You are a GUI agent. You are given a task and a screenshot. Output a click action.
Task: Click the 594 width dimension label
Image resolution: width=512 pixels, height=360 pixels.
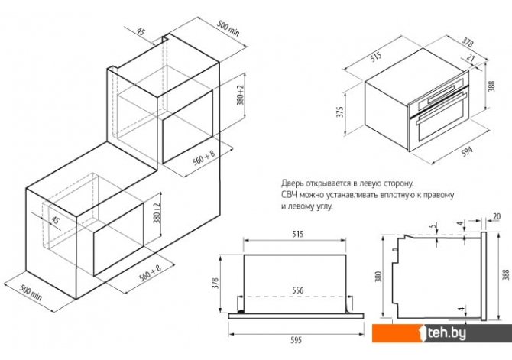click(467, 152)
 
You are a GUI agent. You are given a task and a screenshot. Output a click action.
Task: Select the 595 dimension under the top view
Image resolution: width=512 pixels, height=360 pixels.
click(297, 340)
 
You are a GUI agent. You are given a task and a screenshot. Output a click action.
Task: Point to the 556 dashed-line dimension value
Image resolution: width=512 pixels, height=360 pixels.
click(298, 290)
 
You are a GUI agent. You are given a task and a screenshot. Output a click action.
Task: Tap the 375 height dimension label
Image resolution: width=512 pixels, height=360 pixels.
click(340, 112)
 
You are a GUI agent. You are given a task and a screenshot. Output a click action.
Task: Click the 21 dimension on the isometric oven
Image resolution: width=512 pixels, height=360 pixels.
click(471, 57)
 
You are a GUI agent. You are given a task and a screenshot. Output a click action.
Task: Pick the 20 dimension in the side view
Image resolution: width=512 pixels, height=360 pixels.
click(496, 216)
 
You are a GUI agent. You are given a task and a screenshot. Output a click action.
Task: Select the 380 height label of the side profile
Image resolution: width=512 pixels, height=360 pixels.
click(378, 277)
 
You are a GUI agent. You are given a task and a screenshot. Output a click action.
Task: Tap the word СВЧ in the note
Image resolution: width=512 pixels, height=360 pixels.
click(289, 195)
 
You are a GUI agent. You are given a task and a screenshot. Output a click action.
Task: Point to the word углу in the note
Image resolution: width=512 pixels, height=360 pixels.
click(324, 207)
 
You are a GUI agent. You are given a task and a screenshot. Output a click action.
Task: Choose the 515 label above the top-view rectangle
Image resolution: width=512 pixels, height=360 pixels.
click(298, 234)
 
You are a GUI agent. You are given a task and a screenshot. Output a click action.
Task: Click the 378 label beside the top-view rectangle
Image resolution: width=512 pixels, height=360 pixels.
click(215, 283)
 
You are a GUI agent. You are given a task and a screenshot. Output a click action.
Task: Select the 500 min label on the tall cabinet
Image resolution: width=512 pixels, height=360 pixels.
click(228, 29)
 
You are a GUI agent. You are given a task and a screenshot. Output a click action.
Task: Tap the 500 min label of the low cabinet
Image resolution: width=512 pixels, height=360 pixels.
click(31, 292)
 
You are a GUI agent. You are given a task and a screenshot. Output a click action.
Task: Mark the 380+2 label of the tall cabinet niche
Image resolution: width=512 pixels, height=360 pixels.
click(241, 95)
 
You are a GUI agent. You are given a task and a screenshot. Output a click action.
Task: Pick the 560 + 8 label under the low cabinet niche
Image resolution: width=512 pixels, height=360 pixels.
click(151, 273)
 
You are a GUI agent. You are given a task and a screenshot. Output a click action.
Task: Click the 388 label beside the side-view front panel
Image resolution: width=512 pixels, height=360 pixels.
click(506, 274)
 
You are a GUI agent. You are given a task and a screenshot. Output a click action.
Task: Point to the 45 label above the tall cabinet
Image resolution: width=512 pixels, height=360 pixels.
click(141, 31)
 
